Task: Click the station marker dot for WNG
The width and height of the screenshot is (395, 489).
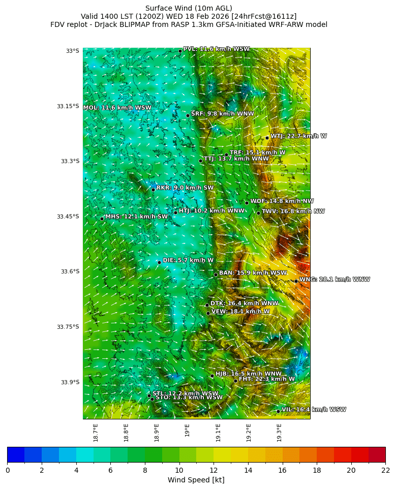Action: [296, 281]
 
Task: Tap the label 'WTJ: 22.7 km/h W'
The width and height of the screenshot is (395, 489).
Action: [298, 136]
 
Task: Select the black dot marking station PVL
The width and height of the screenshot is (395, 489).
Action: [180, 51]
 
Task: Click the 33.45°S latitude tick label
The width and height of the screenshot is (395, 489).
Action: [68, 217]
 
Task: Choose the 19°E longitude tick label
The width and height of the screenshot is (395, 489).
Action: [187, 430]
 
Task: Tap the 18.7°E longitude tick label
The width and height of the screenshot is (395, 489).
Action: [96, 432]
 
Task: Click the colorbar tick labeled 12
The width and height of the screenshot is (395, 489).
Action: [214, 470]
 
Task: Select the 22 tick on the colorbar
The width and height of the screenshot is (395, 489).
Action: [385, 470]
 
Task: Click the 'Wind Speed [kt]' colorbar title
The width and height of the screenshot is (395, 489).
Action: [196, 480]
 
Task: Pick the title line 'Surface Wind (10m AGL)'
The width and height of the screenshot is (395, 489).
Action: [189, 8]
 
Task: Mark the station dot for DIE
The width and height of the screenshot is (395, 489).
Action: [159, 262]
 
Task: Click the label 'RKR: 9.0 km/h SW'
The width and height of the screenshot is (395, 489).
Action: [185, 188]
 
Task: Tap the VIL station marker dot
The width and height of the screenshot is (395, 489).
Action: [278, 411]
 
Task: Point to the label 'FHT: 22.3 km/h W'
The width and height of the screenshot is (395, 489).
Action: [266, 379]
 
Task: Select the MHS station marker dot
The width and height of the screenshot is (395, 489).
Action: [102, 219]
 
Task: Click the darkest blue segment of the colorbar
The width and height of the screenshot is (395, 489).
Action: [16, 454]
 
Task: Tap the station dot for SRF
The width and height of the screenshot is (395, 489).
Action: [188, 115]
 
